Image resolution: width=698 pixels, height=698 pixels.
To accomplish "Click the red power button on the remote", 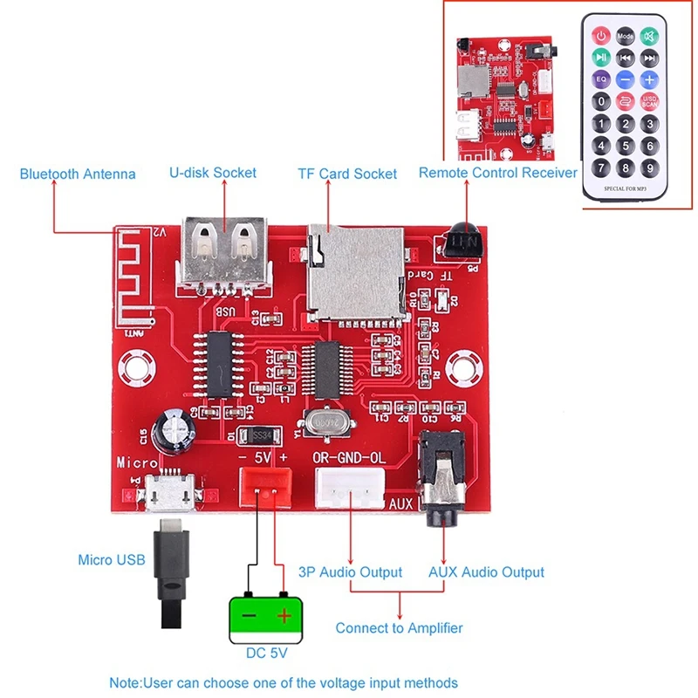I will (x=601, y=36).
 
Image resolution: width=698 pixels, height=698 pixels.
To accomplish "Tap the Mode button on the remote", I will (x=626, y=36).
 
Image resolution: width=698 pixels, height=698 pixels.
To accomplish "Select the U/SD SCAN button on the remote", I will (x=649, y=101).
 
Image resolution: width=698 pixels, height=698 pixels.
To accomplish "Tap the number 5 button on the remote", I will (x=626, y=146).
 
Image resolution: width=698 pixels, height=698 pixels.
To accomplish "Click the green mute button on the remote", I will (x=649, y=36).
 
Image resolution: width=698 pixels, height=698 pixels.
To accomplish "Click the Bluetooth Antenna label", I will (x=78, y=174).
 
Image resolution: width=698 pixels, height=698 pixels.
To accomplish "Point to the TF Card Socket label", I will (x=347, y=174).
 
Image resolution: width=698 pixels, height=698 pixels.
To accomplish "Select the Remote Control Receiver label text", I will (x=497, y=173).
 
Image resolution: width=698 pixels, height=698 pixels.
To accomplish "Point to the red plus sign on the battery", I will (x=284, y=616).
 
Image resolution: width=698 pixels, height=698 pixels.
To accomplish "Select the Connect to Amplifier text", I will (x=399, y=628).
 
